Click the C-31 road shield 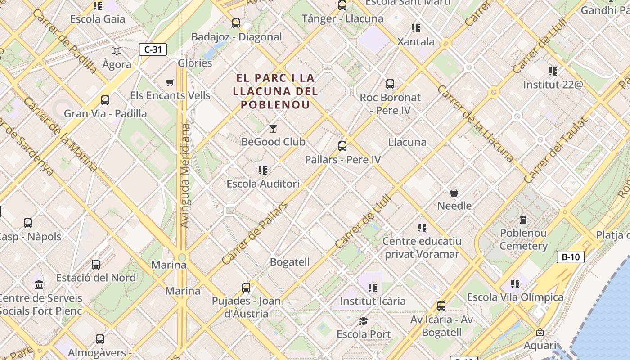point(153,49)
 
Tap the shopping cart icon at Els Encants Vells point(170,82)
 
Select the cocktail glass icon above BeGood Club point(273,129)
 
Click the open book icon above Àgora point(117,51)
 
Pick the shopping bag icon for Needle point(454,193)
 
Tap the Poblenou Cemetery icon point(523,220)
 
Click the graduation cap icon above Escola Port point(363,321)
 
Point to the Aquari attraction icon point(540,332)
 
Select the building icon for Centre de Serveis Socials point(39,285)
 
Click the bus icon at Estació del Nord point(96,265)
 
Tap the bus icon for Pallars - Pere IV point(342,146)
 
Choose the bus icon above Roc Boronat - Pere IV point(390,84)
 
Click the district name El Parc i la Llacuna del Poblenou point(275,91)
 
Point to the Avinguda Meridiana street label point(184,175)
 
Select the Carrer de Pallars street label point(255,234)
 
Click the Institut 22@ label point(553,84)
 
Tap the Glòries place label point(195,63)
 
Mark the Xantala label point(416,42)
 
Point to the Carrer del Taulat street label point(556,150)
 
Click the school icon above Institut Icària point(372,288)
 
